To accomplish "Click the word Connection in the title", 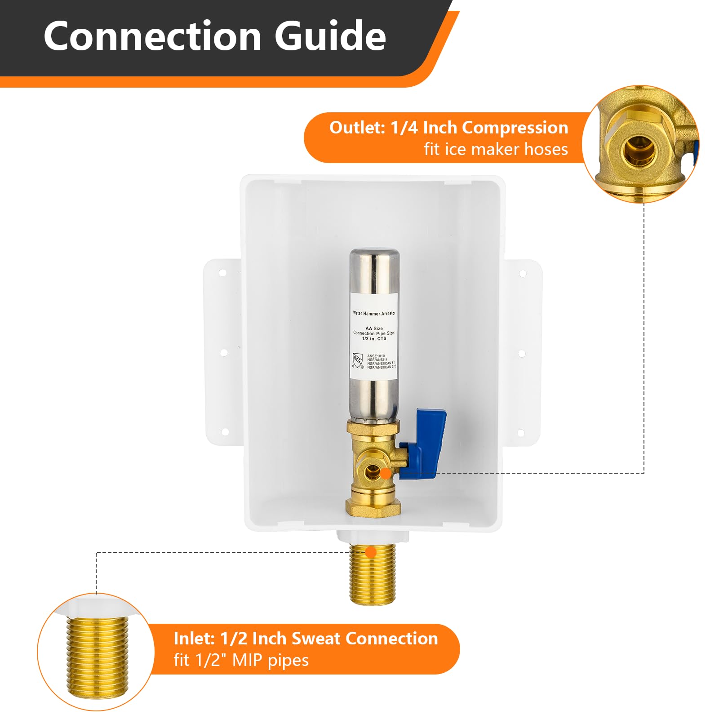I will [x=152, y=36].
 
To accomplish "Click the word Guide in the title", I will [x=330, y=36].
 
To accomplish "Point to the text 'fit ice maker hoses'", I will [x=496, y=149].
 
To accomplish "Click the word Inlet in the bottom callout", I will [x=194, y=639].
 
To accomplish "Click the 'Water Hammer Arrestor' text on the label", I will [x=374, y=313].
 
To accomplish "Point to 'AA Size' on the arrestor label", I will [x=374, y=328].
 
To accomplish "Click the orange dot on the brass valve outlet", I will [x=385, y=473].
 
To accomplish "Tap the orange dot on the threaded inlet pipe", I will [x=371, y=552].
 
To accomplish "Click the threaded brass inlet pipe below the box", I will [x=373, y=577].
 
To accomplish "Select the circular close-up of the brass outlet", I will [x=640, y=144].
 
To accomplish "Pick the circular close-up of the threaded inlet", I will [x=96, y=652].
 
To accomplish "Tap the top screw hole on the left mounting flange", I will [x=222, y=272].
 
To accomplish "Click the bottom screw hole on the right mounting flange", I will [x=521, y=433].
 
